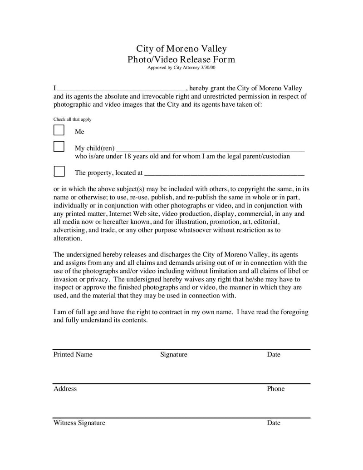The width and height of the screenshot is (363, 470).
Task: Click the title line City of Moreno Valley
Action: tap(181, 49)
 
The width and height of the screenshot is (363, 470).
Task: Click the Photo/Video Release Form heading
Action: tap(181, 59)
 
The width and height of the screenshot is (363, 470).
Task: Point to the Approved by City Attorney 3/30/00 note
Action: tap(181, 68)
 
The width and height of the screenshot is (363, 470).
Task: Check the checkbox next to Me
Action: tap(59, 130)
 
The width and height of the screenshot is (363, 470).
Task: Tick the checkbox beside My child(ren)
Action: tap(59, 146)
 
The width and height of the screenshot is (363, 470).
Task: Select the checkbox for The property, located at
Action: tap(59, 171)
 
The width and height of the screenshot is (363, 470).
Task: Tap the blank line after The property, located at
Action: tap(224, 173)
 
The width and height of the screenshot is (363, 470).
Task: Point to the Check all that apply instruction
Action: tap(73, 119)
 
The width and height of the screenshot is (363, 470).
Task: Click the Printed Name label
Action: tap(73, 355)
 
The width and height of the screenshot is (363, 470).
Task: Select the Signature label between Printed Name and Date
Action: tap(173, 355)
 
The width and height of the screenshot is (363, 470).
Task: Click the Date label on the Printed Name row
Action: tap(274, 355)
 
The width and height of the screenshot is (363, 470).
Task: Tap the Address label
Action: tap(65, 389)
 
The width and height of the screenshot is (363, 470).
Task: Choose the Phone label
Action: tap(276, 389)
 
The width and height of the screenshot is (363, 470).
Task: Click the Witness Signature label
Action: tap(79, 423)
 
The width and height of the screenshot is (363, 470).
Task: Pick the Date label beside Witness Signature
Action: tap(274, 423)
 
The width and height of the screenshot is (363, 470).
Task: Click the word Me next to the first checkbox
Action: tap(80, 132)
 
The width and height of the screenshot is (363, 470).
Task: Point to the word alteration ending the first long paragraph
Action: tap(68, 238)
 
